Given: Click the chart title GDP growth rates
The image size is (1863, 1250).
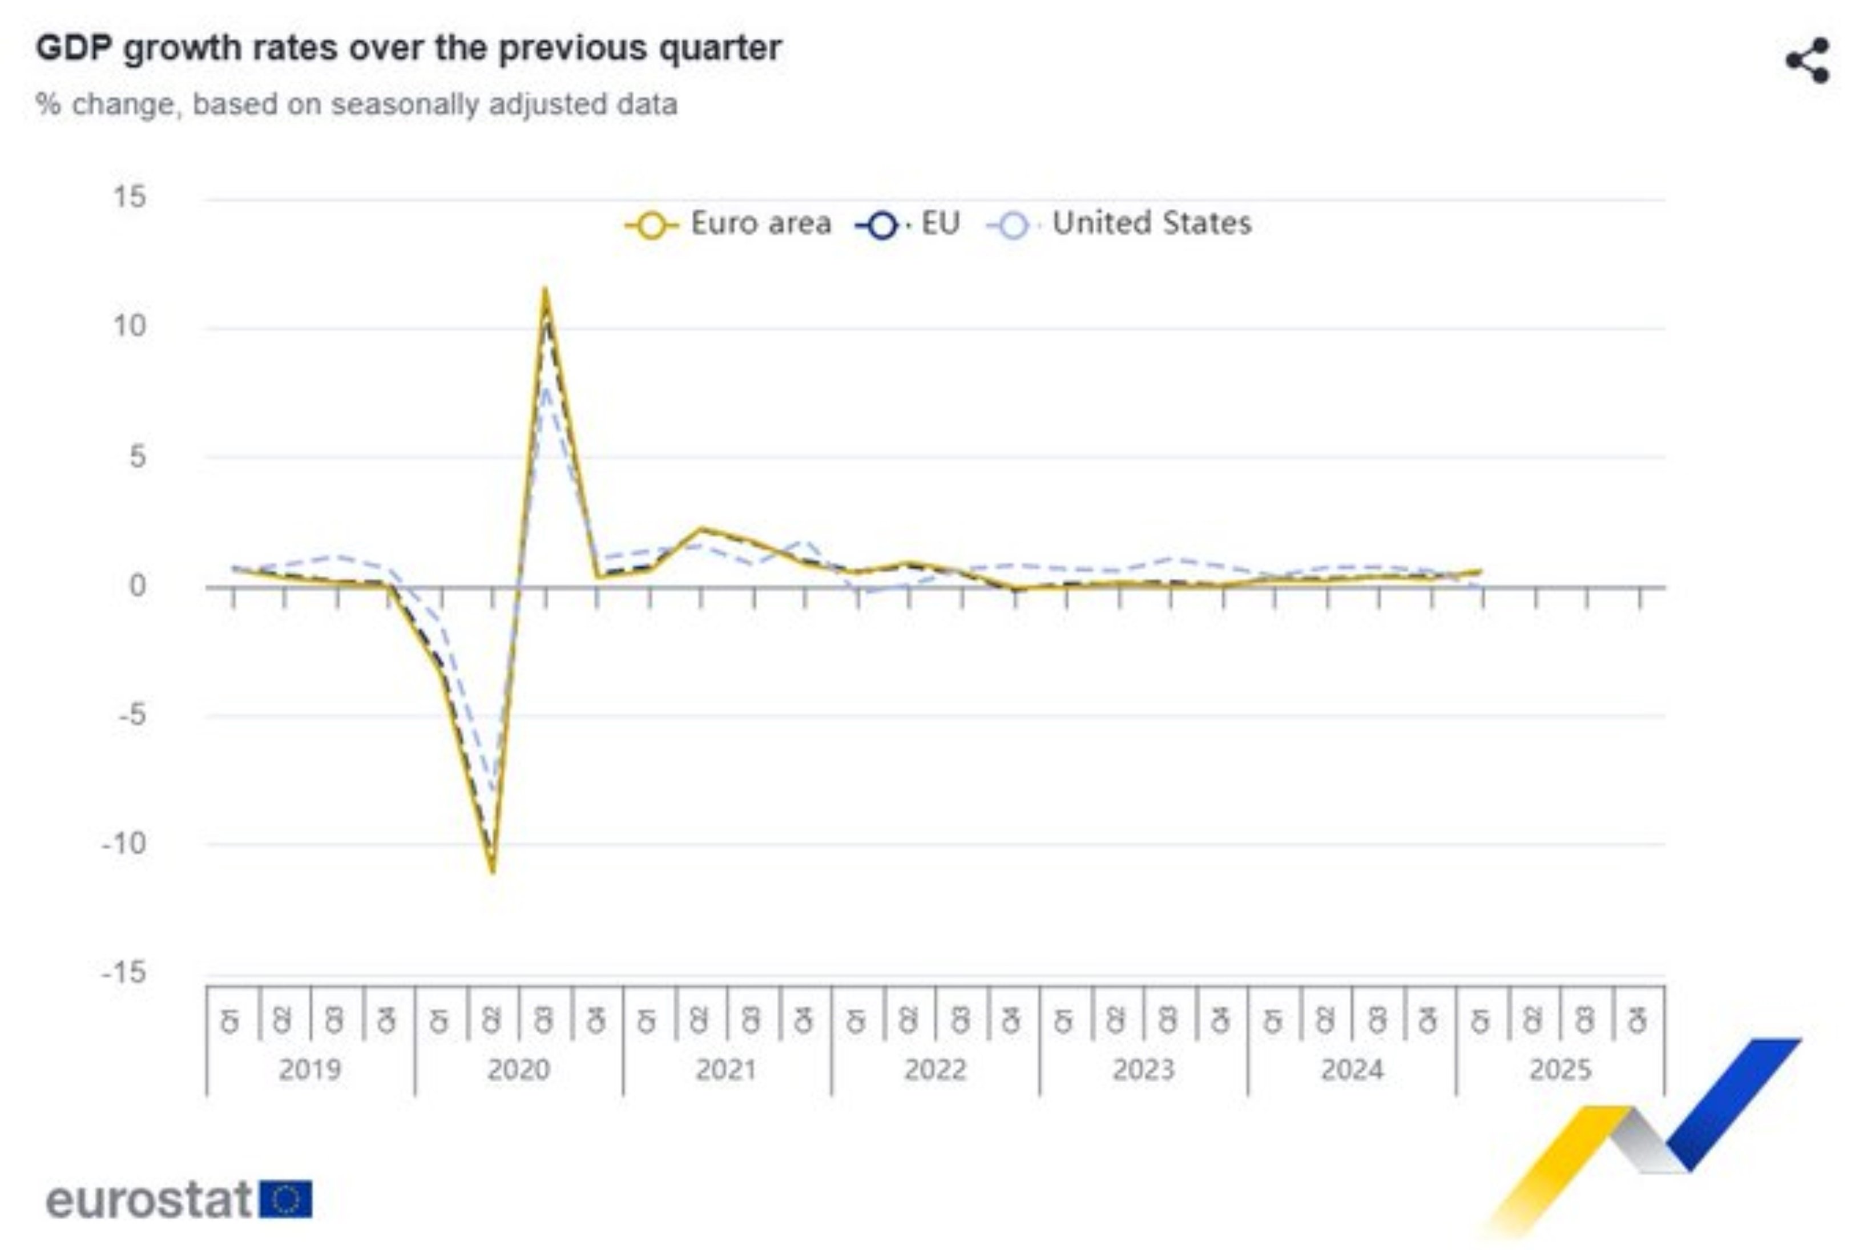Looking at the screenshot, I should tap(408, 48).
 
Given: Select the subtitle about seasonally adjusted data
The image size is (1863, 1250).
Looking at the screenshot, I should tap(356, 104).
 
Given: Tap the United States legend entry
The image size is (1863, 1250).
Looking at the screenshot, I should tap(1120, 224).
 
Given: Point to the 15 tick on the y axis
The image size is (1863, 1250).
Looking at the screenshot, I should tap(129, 197).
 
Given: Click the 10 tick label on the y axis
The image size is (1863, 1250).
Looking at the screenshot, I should tap(129, 326).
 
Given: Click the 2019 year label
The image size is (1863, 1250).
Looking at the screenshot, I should tap(310, 1069).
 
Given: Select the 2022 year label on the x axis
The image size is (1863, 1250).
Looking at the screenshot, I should tap(935, 1069).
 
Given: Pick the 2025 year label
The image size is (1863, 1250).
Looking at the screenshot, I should tap(1560, 1069).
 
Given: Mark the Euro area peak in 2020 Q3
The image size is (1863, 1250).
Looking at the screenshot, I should tap(545, 289).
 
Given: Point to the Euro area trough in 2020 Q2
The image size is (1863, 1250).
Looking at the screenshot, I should tap(493, 872).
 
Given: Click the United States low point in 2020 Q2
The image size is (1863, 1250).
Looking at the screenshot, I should tap(493, 789).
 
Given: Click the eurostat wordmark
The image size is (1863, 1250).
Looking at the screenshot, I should tap(149, 1200).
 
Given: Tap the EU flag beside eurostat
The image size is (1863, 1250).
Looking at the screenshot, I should tap(286, 1200).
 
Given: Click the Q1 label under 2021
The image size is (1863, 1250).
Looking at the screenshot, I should tap(647, 1021).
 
